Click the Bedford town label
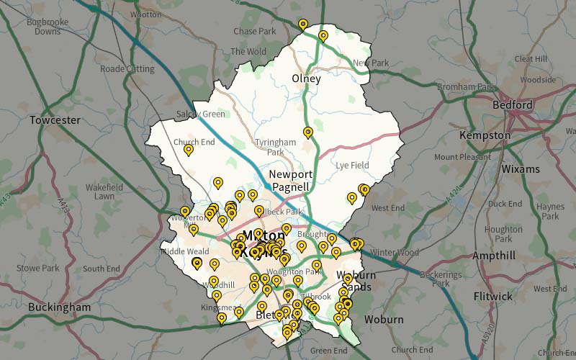coord(513,105)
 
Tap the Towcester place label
coord(55,120)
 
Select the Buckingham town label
coord(60,307)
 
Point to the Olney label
coord(306,78)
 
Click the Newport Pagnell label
coord(291,181)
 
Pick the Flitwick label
coord(493,296)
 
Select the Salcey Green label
coord(201,114)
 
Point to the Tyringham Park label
coord(276,148)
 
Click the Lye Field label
coord(352,166)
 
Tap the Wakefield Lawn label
coord(104,192)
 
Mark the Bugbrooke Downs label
coord(48,27)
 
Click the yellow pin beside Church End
coord(189,150)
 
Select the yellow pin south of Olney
coord(308,132)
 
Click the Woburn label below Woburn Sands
coord(384,319)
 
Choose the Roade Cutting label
coord(127,69)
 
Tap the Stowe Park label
coord(38,269)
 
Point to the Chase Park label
coord(255,32)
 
